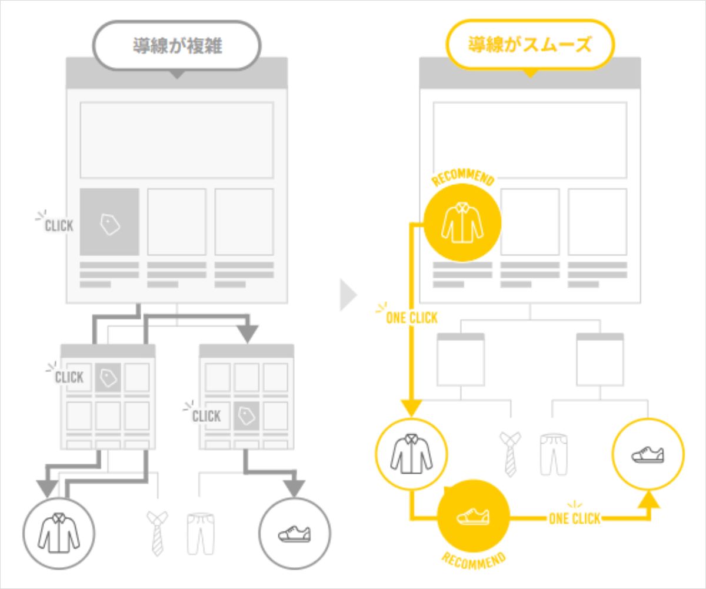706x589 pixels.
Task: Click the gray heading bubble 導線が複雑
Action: point(177,45)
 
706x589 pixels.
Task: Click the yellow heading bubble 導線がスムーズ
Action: point(530,45)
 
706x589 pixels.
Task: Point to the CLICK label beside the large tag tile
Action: point(58,225)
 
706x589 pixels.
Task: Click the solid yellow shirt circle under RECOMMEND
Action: point(462,224)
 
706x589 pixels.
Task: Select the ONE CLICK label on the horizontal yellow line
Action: point(574,518)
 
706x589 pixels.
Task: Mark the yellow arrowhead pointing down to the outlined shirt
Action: point(411,407)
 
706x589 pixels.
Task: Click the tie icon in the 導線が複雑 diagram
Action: point(156,533)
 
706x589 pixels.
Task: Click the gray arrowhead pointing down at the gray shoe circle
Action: point(295,488)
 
